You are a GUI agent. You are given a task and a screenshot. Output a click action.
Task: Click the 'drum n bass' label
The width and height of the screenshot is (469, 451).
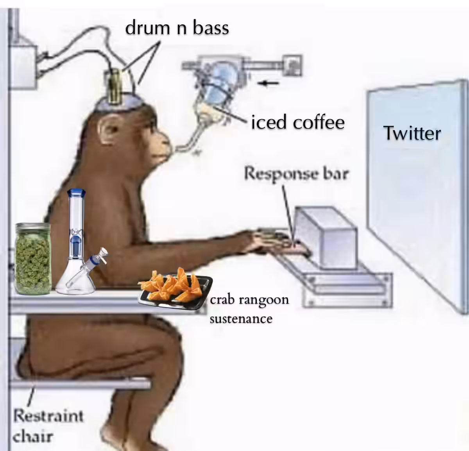coord(177,28)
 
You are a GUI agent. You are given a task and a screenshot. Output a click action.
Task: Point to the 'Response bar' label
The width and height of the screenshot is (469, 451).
coord(296,173)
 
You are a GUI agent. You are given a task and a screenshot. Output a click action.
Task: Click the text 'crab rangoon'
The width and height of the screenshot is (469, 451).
coord(249,300)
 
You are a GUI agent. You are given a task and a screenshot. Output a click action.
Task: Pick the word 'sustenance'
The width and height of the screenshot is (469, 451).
coord(241,319)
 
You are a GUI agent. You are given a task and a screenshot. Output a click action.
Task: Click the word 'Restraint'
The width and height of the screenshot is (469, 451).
coord(48,416)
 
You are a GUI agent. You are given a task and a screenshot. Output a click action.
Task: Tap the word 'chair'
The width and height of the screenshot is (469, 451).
coord(32,437)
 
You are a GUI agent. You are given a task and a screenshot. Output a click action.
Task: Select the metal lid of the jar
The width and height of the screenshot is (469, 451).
coord(33,228)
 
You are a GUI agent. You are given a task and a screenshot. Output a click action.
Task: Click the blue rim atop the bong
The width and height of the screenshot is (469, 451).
coord(76,192)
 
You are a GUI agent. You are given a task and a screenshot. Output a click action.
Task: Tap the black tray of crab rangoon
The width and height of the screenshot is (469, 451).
coord(175,292)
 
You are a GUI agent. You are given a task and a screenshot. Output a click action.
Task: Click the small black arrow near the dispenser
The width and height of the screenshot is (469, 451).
coord(268,83)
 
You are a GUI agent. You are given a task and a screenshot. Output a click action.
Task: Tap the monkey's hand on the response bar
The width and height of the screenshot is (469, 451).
coord(285,243)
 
